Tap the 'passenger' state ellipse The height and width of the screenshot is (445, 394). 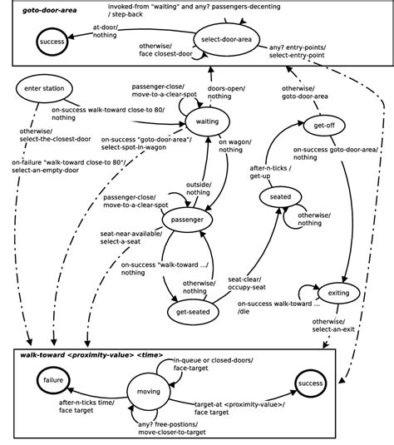pyautogui.click(x=187, y=220)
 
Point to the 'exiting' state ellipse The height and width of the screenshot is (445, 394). pyautogui.click(x=338, y=293)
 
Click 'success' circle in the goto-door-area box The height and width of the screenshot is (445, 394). pyautogui.click(x=52, y=41)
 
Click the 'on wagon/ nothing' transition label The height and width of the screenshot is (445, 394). pyautogui.click(x=234, y=146)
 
